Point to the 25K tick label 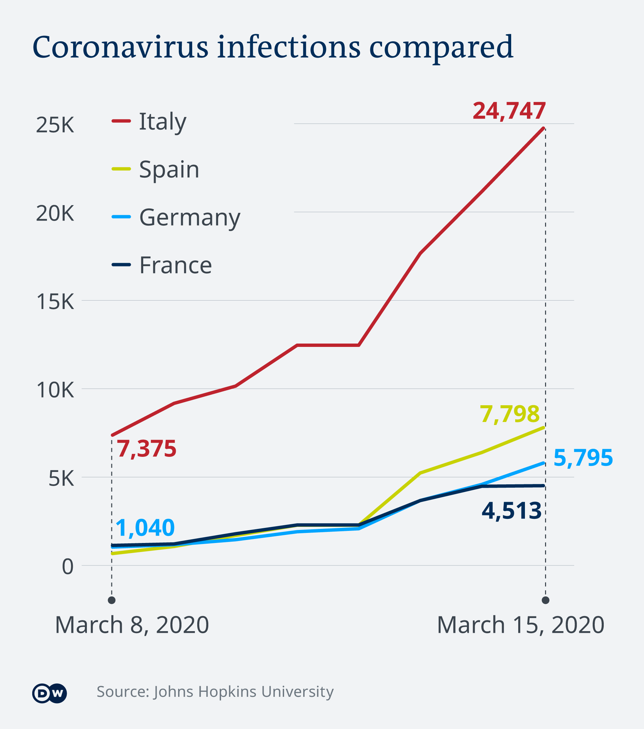pyautogui.click(x=55, y=125)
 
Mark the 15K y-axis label pyautogui.click(x=55, y=302)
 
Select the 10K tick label pyautogui.click(x=55, y=390)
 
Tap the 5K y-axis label pyautogui.click(x=61, y=478)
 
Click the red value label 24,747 pyautogui.click(x=509, y=111)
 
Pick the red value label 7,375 pyautogui.click(x=146, y=449)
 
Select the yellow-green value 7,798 pyautogui.click(x=509, y=414)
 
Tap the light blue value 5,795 pyautogui.click(x=583, y=458)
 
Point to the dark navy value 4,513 pyautogui.click(x=511, y=511)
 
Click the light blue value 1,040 pyautogui.click(x=145, y=528)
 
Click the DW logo pyautogui.click(x=49, y=693)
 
